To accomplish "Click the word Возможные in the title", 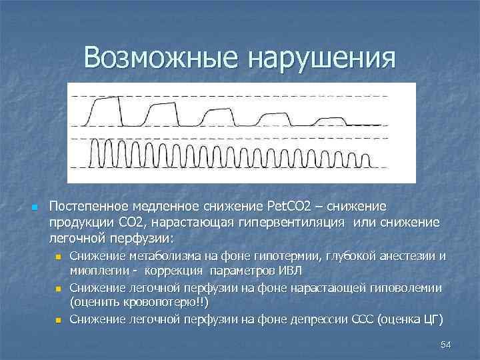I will point(161,58).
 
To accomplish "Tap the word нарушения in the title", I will point(321,58).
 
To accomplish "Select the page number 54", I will point(446,343).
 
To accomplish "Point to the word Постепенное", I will point(90,207).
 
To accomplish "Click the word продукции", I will point(77,222).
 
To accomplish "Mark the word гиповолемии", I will point(409,287).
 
